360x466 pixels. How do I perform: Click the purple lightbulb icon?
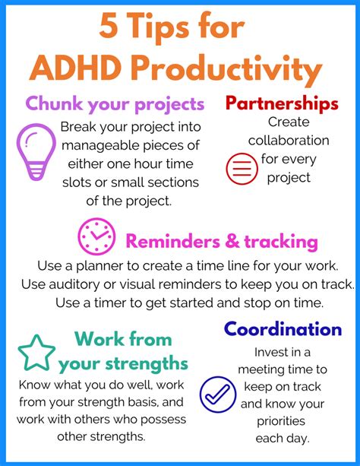coord(36,153)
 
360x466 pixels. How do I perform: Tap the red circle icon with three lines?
coord(243,167)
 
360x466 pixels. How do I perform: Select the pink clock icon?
coord(96,237)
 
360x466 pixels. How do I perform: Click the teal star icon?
coord(36,352)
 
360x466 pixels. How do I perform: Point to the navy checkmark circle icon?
coord(218,395)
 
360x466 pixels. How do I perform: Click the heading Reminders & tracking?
coord(221,242)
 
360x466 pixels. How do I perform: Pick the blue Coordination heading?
coord(283,328)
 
